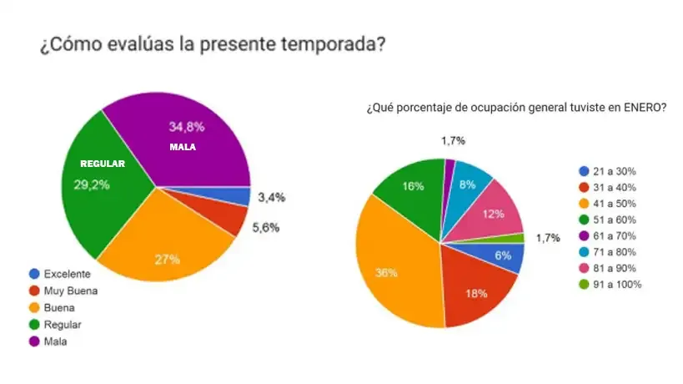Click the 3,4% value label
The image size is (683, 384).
click(272, 197)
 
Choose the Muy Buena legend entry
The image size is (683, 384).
click(70, 291)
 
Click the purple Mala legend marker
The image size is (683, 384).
click(34, 341)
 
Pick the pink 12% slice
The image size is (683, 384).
click(494, 214)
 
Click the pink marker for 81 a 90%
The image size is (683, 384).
click(585, 269)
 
